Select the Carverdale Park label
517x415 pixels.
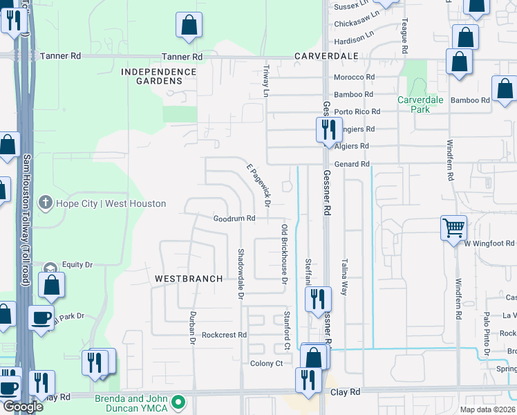419,104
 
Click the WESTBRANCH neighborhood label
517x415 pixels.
189,279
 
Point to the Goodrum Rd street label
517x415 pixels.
234,218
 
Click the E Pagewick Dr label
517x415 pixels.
258,184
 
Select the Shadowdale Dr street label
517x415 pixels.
241,274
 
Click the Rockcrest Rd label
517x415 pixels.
224,335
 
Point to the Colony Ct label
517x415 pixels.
267,363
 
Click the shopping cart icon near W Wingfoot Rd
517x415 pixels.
453,227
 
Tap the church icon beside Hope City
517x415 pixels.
46,203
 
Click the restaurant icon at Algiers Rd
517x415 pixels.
327,129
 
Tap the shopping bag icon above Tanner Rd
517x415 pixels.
189,25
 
